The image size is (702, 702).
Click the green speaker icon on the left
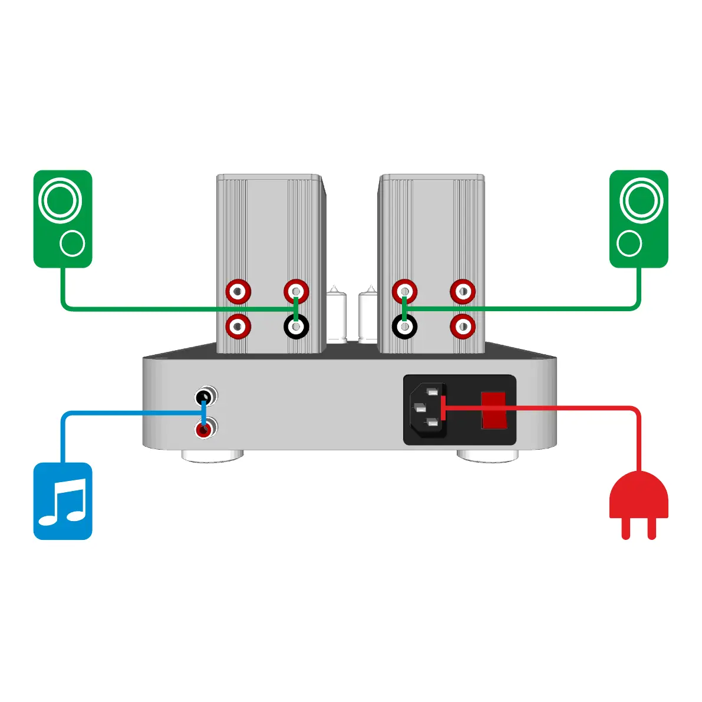pyautogui.click(x=63, y=219)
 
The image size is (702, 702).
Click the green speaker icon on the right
pyautogui.click(x=638, y=219)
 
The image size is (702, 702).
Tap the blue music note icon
pyautogui.click(x=63, y=501)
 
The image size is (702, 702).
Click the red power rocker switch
pyautogui.click(x=494, y=410)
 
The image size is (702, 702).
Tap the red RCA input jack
pyautogui.click(x=204, y=429)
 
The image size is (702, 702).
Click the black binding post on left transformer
pyautogui.click(x=296, y=327)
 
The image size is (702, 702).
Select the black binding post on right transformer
pyautogui.click(x=404, y=327)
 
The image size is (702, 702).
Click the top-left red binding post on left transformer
pyautogui.click(x=239, y=291)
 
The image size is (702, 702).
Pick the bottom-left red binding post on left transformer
pyautogui.click(x=239, y=327)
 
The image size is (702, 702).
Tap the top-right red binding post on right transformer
pyautogui.click(x=463, y=291)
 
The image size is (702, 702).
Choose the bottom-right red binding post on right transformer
pyautogui.click(x=463, y=327)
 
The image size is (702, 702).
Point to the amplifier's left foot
pyautogui.click(x=212, y=455)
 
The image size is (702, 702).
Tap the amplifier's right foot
pyautogui.click(x=487, y=455)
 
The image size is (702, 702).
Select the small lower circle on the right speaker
pyautogui.click(x=630, y=243)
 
